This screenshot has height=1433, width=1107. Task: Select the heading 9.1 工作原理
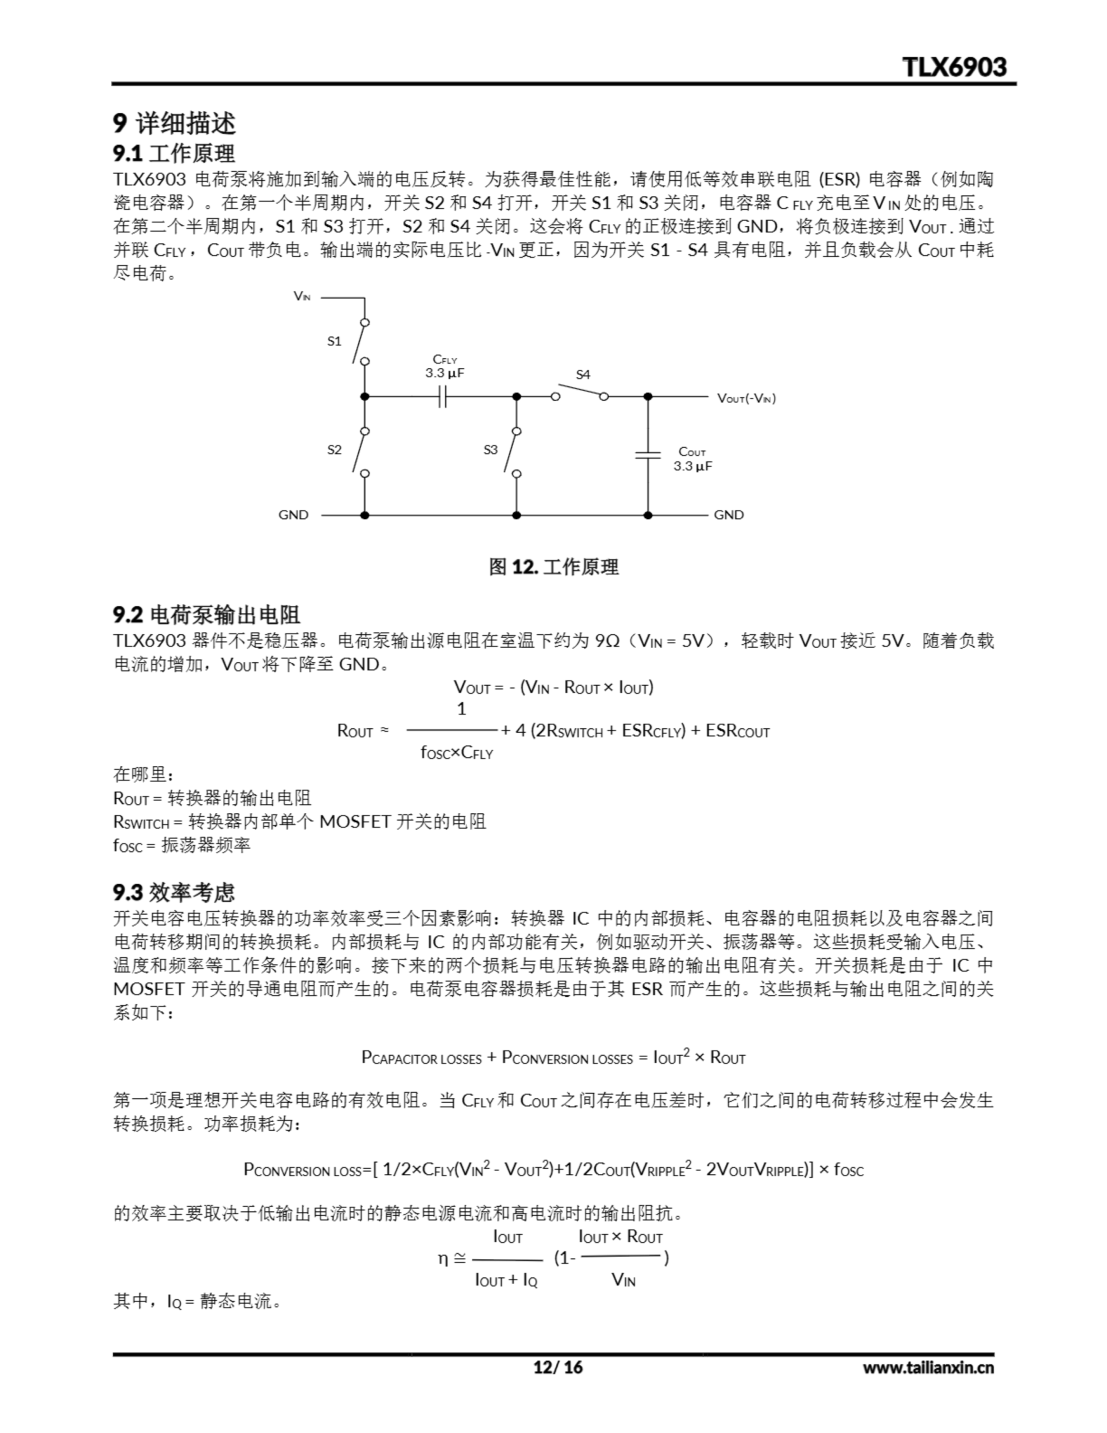click(x=173, y=153)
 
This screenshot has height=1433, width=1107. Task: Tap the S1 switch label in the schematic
click(x=334, y=341)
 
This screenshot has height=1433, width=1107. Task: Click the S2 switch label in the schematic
click(x=334, y=450)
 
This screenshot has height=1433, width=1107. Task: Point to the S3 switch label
click(x=490, y=450)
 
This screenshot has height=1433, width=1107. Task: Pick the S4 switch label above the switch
click(x=583, y=374)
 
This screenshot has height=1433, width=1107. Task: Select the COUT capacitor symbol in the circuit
click(x=648, y=454)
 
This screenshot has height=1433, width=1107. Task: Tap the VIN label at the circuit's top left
click(x=302, y=297)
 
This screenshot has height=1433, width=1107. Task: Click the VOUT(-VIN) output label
click(x=746, y=399)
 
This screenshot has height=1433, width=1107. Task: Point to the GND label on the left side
click(x=293, y=515)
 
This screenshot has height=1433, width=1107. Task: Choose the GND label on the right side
click(x=728, y=515)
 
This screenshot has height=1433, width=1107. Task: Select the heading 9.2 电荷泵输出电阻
click(x=206, y=615)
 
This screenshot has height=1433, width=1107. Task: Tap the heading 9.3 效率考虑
click(x=173, y=892)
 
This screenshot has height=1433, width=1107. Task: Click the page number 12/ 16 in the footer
click(x=558, y=1368)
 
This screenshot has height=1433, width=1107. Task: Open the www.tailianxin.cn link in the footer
click(x=928, y=1368)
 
